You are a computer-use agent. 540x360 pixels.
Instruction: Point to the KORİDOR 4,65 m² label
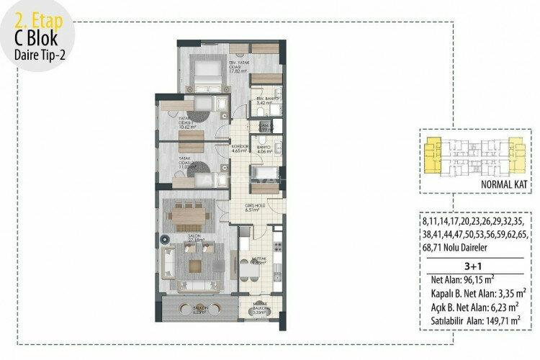[x=240, y=149]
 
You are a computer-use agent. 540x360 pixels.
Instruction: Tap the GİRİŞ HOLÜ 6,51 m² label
[x=251, y=210]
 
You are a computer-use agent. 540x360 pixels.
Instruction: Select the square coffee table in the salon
[x=195, y=265]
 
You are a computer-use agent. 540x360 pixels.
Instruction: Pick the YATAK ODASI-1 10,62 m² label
[x=174, y=121]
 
